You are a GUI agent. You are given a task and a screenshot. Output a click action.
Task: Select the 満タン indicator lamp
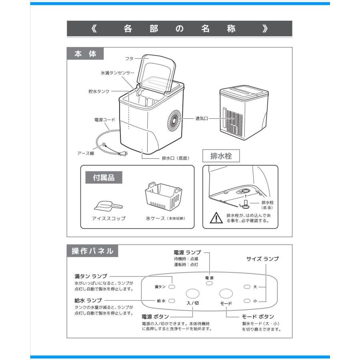(171, 287)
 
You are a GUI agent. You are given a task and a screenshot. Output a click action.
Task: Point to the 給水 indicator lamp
(171, 300)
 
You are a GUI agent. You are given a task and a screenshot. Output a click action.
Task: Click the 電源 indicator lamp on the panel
(209, 283)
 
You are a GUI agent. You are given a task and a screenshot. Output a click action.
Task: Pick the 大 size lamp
(247, 287)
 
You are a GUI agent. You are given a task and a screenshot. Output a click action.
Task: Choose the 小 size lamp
(247, 300)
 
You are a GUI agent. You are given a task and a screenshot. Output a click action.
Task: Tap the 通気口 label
(202, 118)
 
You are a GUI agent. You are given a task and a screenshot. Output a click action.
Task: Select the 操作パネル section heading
(92, 252)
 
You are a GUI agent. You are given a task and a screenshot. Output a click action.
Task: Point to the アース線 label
(86, 153)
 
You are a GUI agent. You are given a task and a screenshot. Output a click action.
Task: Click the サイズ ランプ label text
(262, 259)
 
